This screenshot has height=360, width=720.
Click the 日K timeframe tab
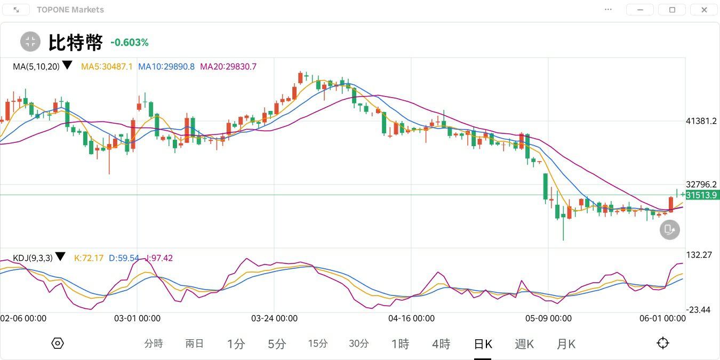tap(483, 344)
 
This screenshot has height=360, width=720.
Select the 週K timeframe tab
tap(524, 344)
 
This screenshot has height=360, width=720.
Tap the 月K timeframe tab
tap(566, 344)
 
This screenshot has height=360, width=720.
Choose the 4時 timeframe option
tap(441, 344)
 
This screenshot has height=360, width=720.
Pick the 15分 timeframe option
tap(318, 344)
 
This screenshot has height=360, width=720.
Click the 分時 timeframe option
tap(154, 344)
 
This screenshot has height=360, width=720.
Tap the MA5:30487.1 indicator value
tap(107, 67)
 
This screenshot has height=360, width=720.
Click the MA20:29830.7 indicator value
tap(228, 67)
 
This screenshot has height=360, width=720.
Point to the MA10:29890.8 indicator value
tap(166, 67)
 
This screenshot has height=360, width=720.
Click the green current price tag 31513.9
tap(702, 195)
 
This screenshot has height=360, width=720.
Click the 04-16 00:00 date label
tap(411, 318)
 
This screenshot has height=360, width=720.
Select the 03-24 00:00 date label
tap(274, 318)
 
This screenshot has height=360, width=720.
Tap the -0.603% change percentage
tap(130, 43)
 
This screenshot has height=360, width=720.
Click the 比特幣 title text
tap(75, 43)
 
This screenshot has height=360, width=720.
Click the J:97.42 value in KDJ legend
tap(158, 258)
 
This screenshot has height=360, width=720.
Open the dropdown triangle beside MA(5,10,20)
tap(67, 65)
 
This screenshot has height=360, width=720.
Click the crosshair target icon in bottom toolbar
tap(663, 343)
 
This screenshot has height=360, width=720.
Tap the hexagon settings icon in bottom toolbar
tap(58, 343)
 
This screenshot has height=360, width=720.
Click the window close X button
tap(704, 10)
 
